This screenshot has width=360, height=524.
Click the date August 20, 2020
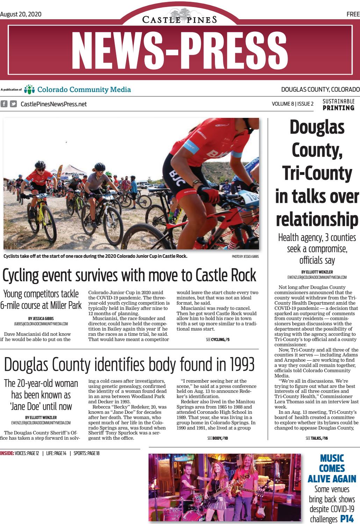tap(21, 14)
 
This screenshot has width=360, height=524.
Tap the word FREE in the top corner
tap(353, 14)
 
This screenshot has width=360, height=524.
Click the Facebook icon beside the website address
tap(4, 104)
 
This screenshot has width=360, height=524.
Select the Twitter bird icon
tap(13, 104)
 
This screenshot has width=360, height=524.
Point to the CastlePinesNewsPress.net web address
tap(54, 104)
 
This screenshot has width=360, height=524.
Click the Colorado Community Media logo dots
tap(29, 90)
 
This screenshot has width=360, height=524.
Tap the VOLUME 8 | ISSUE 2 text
tap(293, 104)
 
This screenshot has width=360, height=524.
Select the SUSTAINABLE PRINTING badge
tap(338, 105)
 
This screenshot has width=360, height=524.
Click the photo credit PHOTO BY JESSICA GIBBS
tap(245, 256)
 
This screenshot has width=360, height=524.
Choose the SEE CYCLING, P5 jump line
tap(217, 339)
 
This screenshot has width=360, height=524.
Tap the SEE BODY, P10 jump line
tap(217, 438)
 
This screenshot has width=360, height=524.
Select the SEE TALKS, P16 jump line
tap(317, 438)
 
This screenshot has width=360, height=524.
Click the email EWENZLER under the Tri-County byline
tap(317, 277)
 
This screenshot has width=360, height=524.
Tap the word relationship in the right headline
tap(317, 219)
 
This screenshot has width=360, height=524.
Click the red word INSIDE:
tap(7, 453)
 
